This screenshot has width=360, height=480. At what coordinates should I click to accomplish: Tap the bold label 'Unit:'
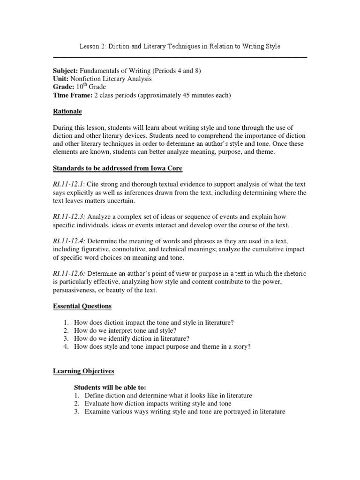click(60, 79)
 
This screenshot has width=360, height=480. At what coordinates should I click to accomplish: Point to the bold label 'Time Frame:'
click(72, 95)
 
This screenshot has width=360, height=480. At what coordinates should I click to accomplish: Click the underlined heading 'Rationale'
click(67, 112)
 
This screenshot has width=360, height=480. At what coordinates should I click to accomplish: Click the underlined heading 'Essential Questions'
click(82, 306)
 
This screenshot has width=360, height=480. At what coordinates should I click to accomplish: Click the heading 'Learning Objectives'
click(83, 371)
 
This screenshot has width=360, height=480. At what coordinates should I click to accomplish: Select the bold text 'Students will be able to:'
click(110, 387)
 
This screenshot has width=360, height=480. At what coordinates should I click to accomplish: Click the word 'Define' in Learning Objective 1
click(94, 396)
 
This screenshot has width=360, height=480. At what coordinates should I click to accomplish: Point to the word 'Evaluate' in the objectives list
click(97, 404)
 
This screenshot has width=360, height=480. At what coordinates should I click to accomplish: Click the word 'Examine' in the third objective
click(97, 412)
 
